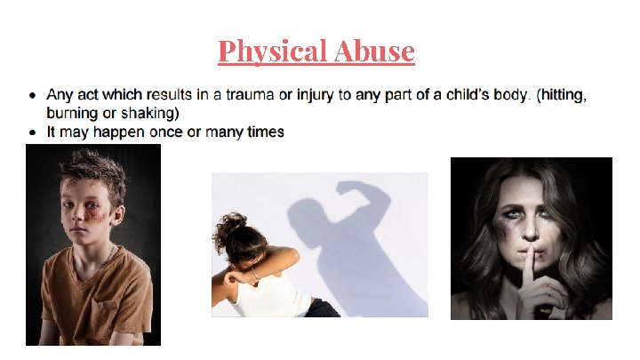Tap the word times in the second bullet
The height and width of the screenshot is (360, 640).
[263, 132]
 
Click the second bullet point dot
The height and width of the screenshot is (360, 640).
[32, 132]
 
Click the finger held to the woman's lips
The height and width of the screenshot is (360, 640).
[526, 242]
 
